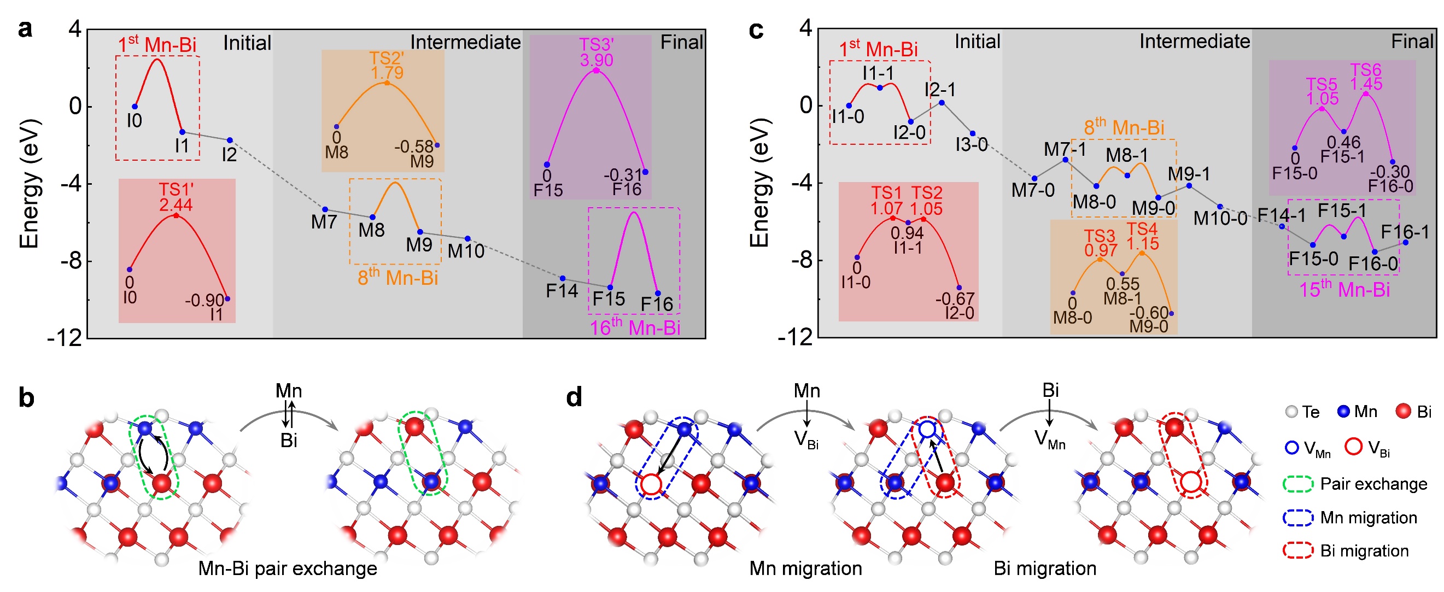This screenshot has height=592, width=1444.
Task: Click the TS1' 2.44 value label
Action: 176,198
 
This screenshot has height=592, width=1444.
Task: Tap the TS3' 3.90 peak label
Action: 597,52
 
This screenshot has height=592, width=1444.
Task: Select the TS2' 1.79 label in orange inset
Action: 387,65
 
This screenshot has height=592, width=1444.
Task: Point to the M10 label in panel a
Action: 466,251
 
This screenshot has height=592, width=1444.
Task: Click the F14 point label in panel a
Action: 562,290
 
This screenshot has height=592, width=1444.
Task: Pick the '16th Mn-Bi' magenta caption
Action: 635,327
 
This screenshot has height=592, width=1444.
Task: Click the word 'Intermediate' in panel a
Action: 465,42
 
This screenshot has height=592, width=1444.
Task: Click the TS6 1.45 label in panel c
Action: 1365,78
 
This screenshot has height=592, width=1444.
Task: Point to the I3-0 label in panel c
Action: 972,145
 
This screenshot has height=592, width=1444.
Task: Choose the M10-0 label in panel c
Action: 1220,218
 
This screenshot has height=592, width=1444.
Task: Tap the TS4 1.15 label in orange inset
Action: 1142,237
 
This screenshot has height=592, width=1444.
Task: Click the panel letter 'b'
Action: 26,397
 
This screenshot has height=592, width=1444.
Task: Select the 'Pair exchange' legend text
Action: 1373,484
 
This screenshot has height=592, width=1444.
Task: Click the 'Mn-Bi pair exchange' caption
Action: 288,568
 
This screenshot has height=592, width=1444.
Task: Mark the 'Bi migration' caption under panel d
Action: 1045,568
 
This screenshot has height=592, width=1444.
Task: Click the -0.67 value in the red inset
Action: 955,298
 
